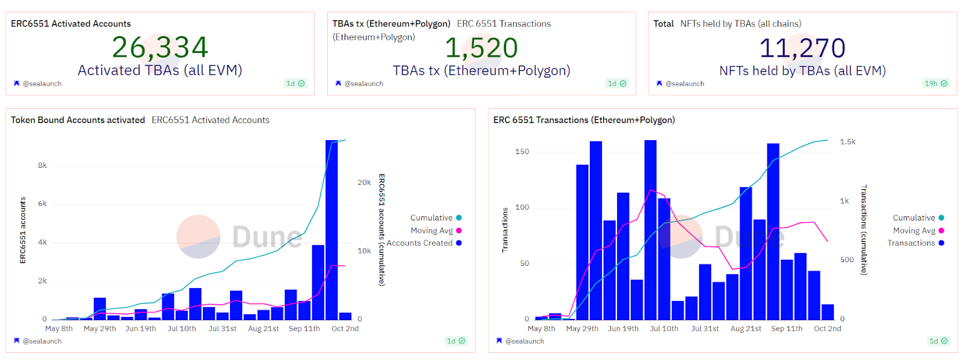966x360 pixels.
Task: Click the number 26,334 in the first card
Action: [160, 47]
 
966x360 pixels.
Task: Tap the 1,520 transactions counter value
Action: [481, 48]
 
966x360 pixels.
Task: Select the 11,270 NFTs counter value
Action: [802, 48]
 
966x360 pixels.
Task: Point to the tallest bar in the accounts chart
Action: [331, 230]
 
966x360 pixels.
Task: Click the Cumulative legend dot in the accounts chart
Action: [459, 218]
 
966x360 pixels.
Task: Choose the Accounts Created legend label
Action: [420, 243]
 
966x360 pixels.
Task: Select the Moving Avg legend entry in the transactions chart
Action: [914, 231]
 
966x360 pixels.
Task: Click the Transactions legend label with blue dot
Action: [911, 243]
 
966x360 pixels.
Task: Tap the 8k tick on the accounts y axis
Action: [42, 166]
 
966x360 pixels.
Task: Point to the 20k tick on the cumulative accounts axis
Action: [364, 182]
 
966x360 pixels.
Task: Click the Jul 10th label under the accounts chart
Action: [182, 329]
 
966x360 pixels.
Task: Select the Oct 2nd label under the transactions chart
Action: [827, 329]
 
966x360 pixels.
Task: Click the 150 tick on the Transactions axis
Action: [522, 152]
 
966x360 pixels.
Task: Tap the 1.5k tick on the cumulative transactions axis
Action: [848, 142]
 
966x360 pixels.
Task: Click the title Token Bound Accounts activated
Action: [78, 120]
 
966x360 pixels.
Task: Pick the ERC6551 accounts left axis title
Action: [23, 230]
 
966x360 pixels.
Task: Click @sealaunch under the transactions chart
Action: [524, 341]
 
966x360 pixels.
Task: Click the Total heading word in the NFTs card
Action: [664, 24]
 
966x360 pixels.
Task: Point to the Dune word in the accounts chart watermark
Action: [267, 237]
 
